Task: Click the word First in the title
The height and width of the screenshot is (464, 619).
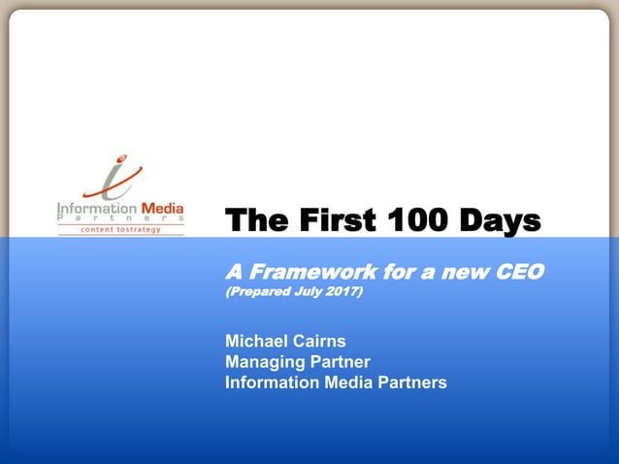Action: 325,222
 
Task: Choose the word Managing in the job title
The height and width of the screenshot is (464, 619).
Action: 263,361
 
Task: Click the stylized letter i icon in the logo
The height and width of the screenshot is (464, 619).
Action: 114,179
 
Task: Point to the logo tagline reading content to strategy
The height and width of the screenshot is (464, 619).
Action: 119,230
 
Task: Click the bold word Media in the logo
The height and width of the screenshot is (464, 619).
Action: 162,207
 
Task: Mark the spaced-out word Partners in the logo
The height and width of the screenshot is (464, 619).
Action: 119,219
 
